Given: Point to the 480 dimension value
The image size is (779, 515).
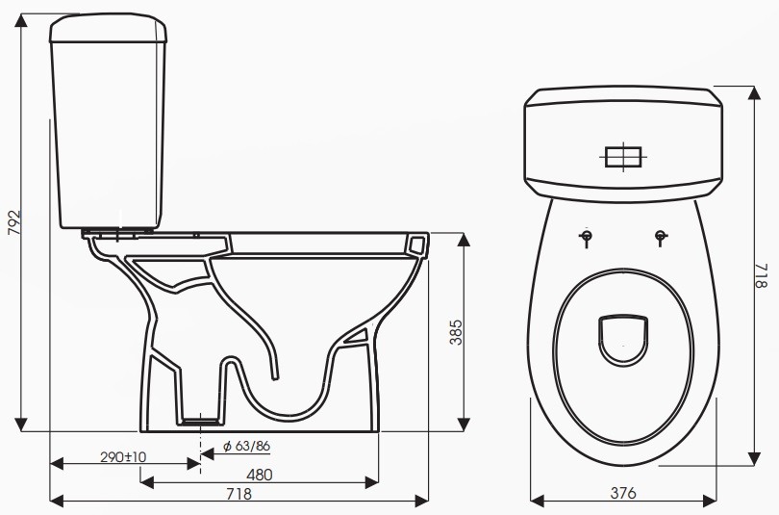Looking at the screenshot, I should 259,474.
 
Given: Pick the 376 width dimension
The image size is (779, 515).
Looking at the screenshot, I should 623,493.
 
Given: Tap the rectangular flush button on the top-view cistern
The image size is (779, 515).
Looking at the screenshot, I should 623,155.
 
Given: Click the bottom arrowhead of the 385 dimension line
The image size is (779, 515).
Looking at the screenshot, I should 465,424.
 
